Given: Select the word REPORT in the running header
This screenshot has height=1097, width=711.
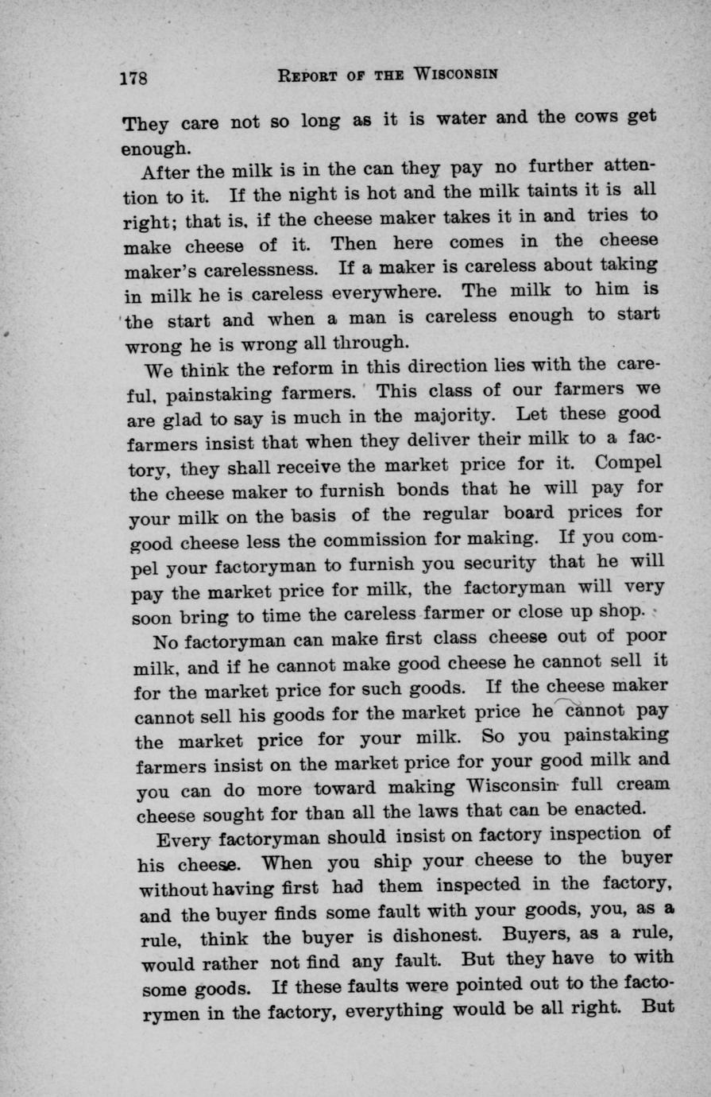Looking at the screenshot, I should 308,76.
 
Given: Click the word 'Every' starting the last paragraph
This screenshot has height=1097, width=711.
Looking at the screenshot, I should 183,838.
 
